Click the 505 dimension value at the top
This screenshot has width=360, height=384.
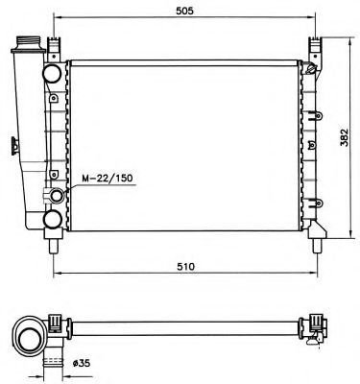[184, 11]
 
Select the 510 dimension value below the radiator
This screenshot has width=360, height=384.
[186, 266]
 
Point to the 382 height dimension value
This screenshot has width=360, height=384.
[344, 137]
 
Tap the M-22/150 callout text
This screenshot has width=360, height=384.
[108, 179]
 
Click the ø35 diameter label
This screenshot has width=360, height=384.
[82, 363]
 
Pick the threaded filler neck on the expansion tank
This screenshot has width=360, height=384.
[29, 42]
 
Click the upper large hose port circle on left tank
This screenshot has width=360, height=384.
[52, 73]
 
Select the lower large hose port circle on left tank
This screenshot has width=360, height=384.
[53, 220]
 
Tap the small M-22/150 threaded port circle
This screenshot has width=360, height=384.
[57, 196]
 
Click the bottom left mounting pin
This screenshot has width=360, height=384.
[54, 246]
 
